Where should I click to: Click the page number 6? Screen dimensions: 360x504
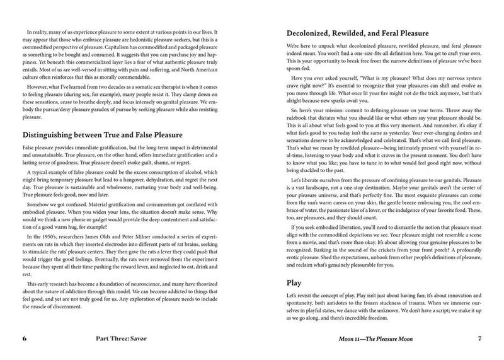click(25, 339)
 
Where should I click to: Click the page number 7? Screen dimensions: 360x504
click(479, 339)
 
